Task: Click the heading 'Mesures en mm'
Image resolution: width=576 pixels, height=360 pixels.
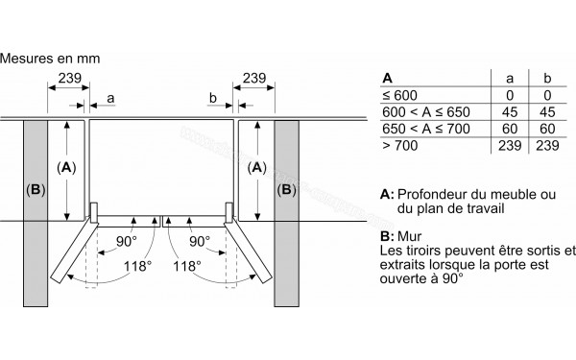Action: [51, 59]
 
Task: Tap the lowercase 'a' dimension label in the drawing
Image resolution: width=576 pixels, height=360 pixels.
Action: [111, 97]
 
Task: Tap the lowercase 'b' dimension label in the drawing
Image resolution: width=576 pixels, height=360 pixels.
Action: [211, 97]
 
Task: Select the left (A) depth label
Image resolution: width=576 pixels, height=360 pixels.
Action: [66, 166]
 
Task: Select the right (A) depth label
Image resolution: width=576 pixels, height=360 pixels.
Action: [257, 166]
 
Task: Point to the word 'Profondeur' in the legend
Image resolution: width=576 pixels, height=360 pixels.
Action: [435, 193]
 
